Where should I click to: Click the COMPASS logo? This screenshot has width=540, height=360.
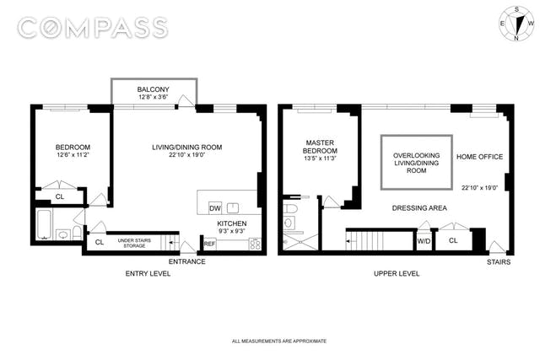click(x=93, y=28)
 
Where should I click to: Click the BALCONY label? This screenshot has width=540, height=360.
click(x=154, y=89)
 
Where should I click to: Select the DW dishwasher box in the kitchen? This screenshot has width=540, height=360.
click(x=215, y=208)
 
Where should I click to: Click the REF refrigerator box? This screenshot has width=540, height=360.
click(x=209, y=244)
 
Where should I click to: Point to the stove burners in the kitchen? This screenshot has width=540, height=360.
click(x=255, y=244)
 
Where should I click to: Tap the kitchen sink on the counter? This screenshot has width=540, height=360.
click(x=233, y=208)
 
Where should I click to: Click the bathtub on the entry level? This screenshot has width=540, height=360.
click(x=43, y=224)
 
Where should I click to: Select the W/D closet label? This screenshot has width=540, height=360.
click(x=424, y=241)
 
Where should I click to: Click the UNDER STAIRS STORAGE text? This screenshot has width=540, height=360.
click(x=134, y=243)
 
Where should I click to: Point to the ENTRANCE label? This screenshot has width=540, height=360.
click(x=187, y=261)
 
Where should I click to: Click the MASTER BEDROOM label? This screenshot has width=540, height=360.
click(x=320, y=147)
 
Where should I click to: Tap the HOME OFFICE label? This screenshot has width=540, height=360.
click(x=480, y=157)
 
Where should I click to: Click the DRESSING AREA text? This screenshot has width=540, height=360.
click(x=419, y=208)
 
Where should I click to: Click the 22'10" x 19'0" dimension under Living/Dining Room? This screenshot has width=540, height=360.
click(x=187, y=155)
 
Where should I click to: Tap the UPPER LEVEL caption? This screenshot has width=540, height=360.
click(x=397, y=274)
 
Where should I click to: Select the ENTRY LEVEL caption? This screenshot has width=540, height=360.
click(x=148, y=274)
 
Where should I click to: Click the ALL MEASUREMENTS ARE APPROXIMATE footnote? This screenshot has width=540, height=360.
click(x=279, y=341)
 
